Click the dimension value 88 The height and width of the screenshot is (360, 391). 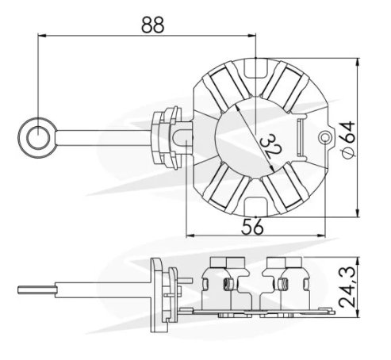(x=153, y=25)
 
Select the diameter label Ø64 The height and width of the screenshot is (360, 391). (x=347, y=140)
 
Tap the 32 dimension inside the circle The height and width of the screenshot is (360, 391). (x=271, y=147)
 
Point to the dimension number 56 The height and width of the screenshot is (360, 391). (x=252, y=227)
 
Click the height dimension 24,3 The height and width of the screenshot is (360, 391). (x=347, y=288)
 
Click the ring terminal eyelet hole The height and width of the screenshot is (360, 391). (x=38, y=138)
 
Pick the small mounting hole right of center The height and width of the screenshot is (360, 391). (x=324, y=137)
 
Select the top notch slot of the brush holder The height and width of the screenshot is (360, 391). (x=255, y=68)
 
